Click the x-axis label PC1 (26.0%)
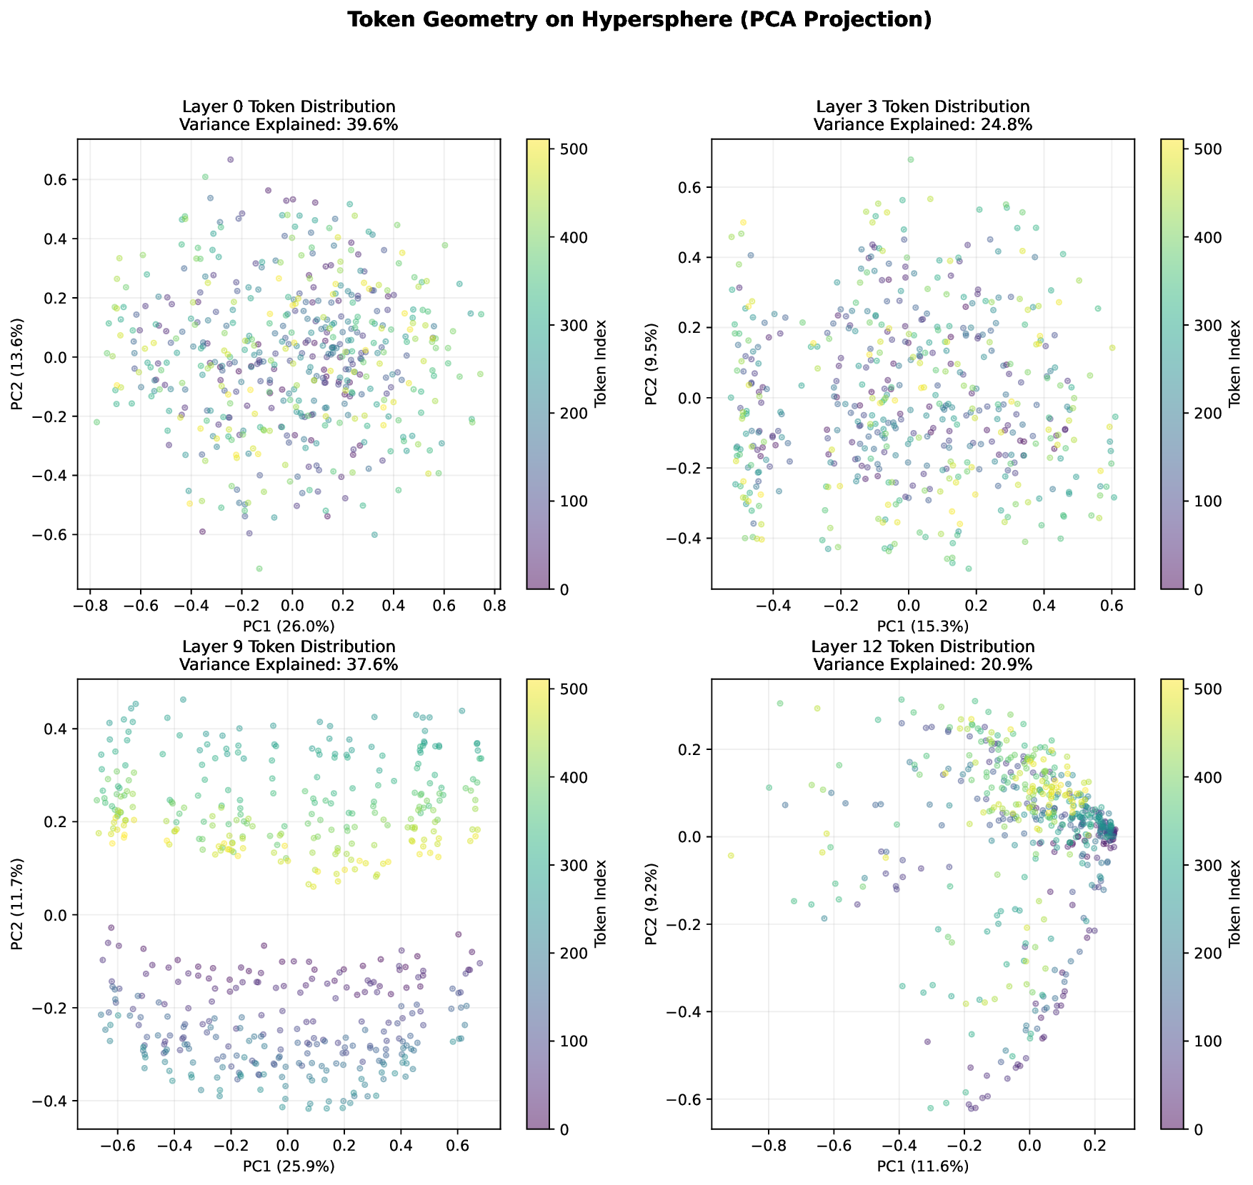pos(289,627)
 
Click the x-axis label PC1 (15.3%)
pos(923,627)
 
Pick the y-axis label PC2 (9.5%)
pos(651,364)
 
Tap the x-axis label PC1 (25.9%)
pos(289,1166)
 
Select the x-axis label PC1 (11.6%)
pos(923,1166)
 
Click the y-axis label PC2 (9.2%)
pos(651,904)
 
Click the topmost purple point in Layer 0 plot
pos(231,160)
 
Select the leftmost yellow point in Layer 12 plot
pos(731,856)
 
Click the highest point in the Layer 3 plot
pos(911,160)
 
